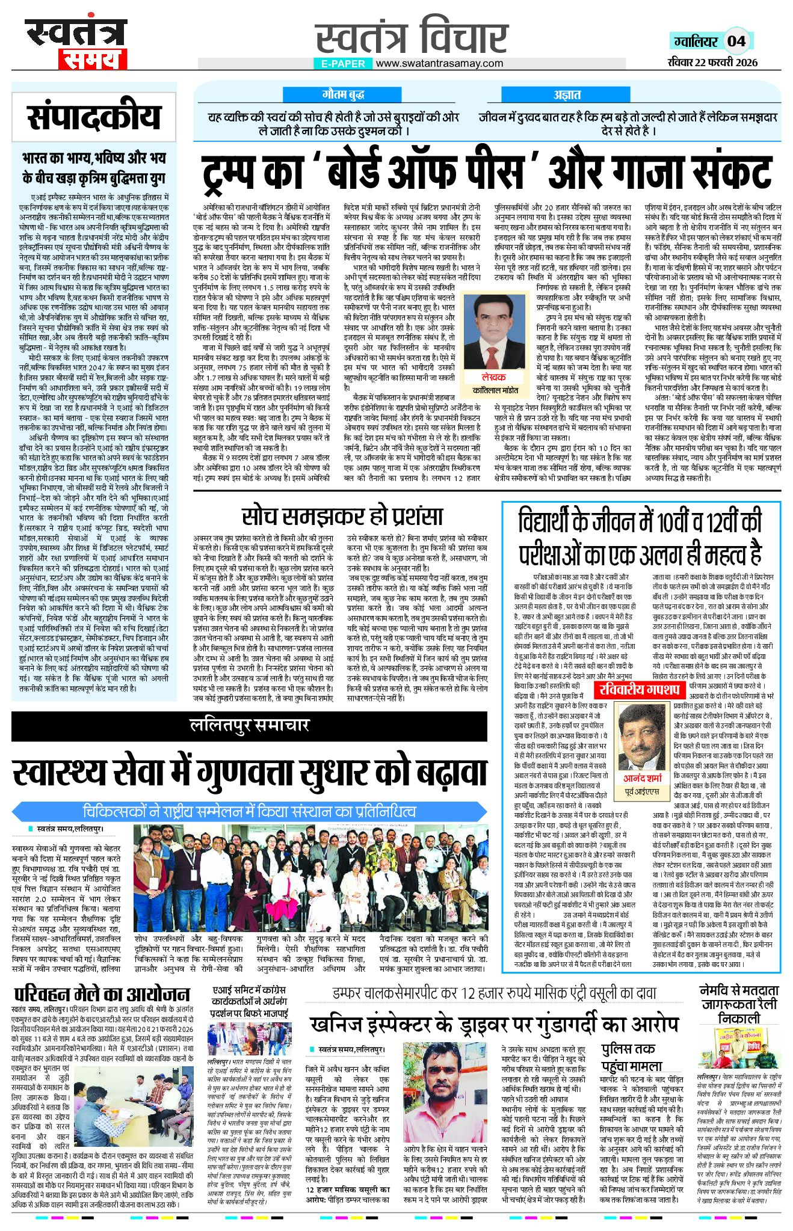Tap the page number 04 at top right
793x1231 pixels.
coord(736,41)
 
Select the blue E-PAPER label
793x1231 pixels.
coord(343,63)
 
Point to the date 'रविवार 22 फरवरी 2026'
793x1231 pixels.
coord(712,62)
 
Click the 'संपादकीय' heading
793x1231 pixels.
coord(94,117)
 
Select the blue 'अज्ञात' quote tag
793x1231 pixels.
coord(567,94)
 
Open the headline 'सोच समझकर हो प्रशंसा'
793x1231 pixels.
coord(342,515)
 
